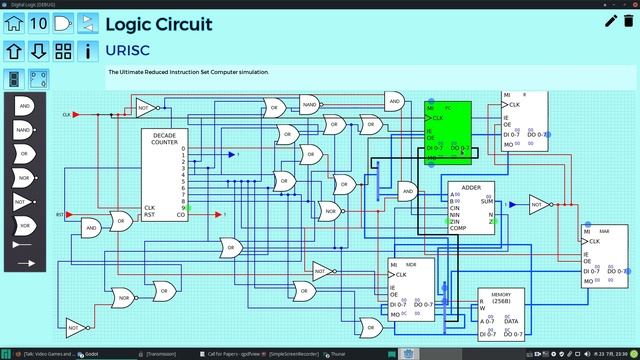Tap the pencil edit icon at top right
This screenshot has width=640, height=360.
coord(611,21)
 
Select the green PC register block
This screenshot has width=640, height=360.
coord(447,131)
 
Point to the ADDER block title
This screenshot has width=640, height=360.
coord(472,187)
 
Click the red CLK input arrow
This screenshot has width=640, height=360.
coord(76,115)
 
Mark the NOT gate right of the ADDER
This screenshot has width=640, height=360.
coord(539,204)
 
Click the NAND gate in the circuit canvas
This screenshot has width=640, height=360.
coord(309,104)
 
